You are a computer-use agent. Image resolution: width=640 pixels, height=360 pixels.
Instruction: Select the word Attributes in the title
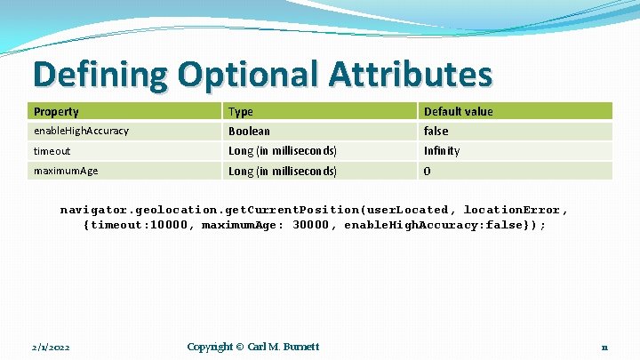point(409,74)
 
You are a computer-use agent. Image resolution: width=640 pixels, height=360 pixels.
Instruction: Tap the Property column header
point(56,111)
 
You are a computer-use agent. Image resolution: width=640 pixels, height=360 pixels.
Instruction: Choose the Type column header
point(241,111)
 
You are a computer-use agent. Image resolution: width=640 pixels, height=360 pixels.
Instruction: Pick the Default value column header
point(458,111)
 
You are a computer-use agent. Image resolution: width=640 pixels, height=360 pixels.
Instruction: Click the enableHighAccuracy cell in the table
point(81,131)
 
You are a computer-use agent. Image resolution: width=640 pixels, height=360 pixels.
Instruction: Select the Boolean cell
point(249,131)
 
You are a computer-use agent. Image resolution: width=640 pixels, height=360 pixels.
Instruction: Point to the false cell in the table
point(436,131)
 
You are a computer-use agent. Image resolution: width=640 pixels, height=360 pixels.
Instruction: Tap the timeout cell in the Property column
point(52,151)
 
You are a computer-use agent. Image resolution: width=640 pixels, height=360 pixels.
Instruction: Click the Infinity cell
point(442,150)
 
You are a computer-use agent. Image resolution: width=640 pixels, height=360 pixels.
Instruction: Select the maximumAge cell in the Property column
point(66,171)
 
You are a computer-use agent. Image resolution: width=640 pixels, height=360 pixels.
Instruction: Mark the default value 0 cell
point(428,171)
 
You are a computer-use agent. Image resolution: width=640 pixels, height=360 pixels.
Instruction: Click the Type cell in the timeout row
point(282,150)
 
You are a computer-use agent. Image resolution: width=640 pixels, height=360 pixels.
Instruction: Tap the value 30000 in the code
point(314,226)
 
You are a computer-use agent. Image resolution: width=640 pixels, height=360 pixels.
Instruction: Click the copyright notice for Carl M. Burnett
point(252,346)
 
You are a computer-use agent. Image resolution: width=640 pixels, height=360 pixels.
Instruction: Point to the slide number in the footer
point(604,347)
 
